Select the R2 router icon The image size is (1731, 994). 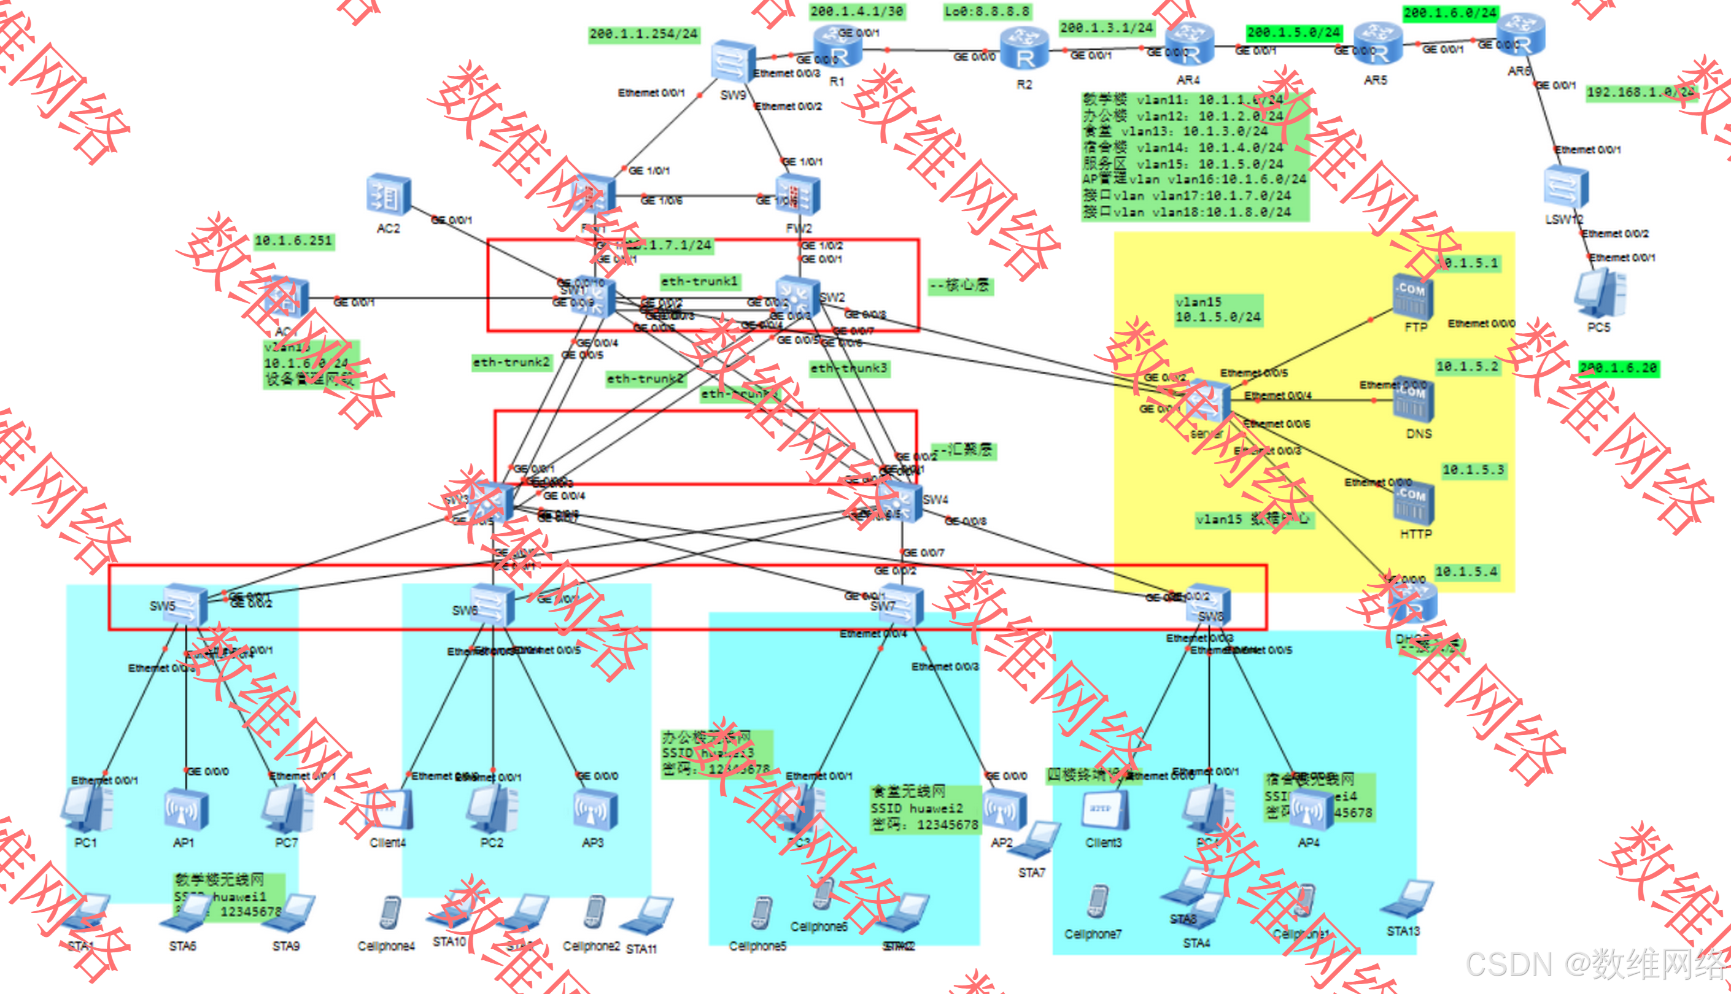(x=1024, y=49)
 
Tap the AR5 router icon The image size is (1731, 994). (x=1377, y=44)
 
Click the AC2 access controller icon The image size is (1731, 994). (x=388, y=195)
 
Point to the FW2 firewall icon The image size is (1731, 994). (x=797, y=195)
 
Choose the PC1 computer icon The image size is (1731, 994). (x=87, y=809)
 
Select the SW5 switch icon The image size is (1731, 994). (x=184, y=605)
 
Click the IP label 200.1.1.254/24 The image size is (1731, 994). (x=643, y=34)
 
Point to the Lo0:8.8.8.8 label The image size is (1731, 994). (x=986, y=12)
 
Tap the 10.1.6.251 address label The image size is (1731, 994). (x=293, y=241)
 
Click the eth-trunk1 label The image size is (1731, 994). (x=699, y=281)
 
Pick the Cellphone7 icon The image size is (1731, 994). (x=1097, y=902)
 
